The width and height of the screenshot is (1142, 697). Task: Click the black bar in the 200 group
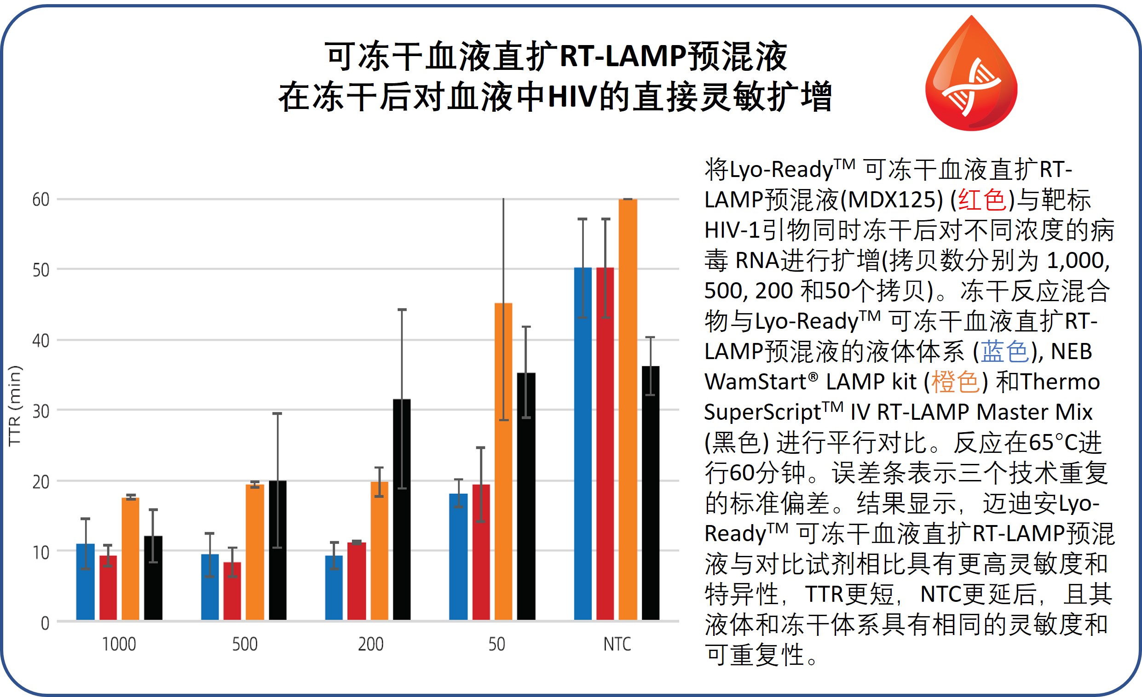click(401, 509)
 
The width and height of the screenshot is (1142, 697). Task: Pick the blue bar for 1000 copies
click(85, 582)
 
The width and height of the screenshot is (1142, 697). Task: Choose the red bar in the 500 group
click(232, 591)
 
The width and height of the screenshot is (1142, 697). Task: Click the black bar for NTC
click(650, 493)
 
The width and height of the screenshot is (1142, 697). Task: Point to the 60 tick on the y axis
click(41, 200)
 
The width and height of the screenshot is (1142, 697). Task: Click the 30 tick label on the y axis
click(41, 411)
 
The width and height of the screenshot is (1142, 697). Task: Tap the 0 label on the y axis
click(45, 623)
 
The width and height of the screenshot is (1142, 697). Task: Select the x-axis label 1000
click(119, 644)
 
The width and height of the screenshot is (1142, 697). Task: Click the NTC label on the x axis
click(617, 644)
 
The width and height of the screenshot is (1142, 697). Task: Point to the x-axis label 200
click(370, 644)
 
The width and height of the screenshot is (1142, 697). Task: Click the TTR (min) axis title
click(15, 405)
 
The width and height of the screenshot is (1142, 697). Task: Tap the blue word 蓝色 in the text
click(1005, 352)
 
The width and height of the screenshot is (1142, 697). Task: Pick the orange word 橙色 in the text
click(955, 382)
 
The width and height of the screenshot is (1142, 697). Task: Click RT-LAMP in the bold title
click(623, 57)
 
